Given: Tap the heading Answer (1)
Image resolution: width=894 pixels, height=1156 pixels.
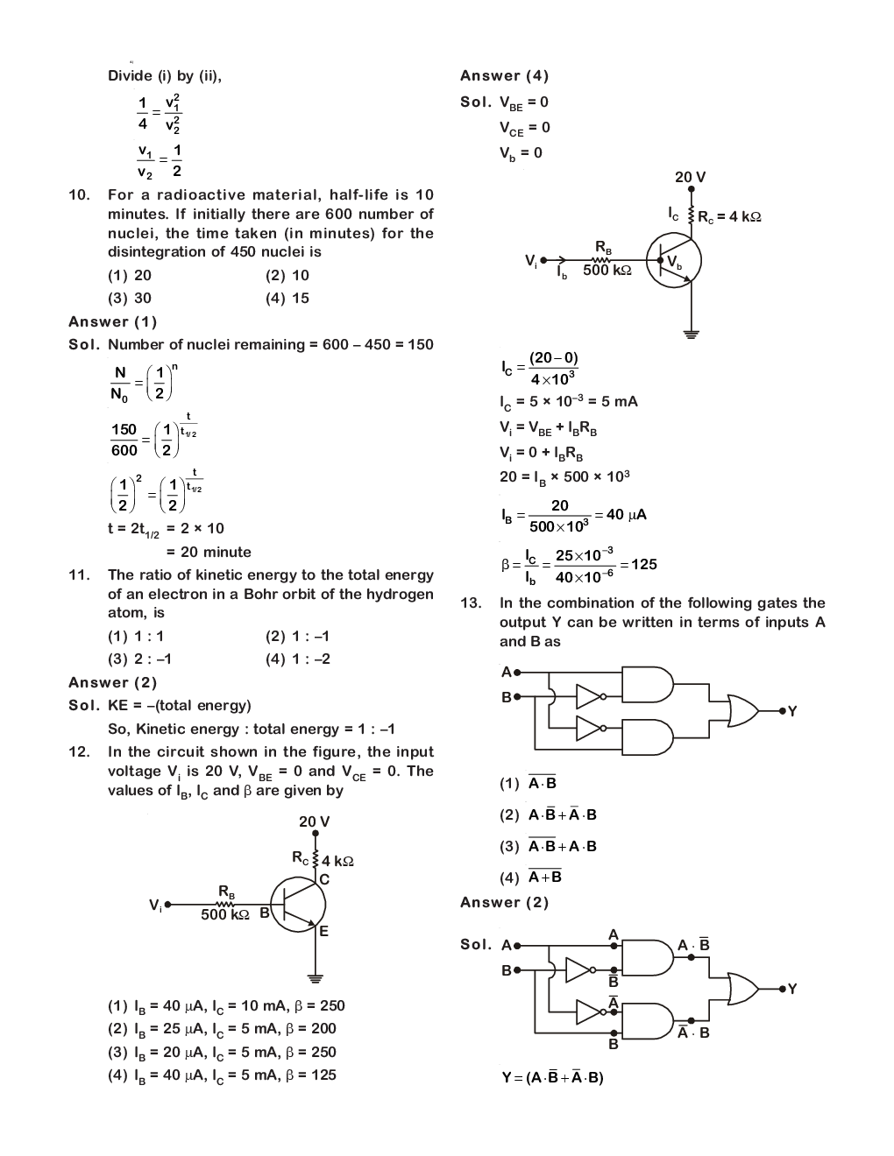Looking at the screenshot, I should click(x=112, y=321).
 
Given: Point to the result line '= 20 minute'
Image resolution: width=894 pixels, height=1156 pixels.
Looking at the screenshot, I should click(x=209, y=552).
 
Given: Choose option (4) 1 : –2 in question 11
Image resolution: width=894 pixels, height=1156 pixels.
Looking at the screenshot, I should click(x=297, y=659).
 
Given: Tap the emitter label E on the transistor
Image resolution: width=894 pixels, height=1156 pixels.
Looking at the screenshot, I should click(x=323, y=932).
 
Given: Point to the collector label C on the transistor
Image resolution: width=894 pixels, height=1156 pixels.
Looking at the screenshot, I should click(x=323, y=879).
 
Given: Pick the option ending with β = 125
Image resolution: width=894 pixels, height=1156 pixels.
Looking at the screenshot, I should click(x=222, y=1075).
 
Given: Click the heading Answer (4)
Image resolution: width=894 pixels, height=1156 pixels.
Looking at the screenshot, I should click(x=504, y=76).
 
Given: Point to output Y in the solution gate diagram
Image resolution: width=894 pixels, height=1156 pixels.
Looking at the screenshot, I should click(x=791, y=990).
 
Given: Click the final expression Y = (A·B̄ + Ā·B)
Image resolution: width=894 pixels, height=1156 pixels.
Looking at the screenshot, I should click(x=552, y=1077).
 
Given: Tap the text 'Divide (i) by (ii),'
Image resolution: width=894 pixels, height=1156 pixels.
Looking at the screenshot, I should click(x=165, y=76).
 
